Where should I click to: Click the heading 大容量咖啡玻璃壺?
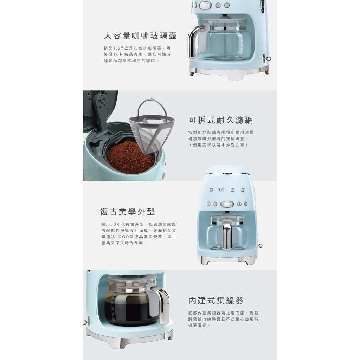[x=140, y=36]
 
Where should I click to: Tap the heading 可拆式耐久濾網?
[x=221, y=120]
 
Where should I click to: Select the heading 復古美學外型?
[x=127, y=212]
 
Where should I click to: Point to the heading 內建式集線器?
[x=216, y=301]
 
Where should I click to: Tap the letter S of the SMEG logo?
[x=211, y=189]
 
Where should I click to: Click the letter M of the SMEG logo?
[x=221, y=189]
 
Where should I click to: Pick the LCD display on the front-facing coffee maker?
[x=227, y=204]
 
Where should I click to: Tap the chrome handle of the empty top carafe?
[x=193, y=41]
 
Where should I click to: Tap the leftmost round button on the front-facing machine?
[x=208, y=204]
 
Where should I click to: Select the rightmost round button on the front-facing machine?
[x=246, y=204]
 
